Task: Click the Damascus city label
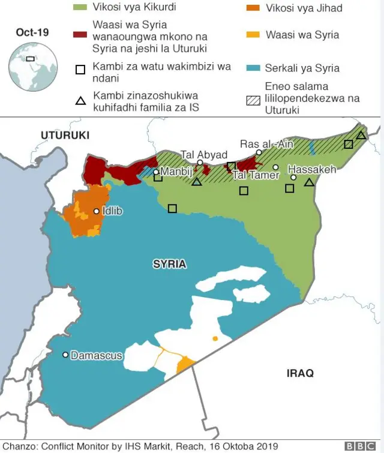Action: (x=97, y=356)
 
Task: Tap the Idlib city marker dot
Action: (x=96, y=211)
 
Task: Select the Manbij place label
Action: (x=175, y=172)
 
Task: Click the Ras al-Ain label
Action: (x=266, y=144)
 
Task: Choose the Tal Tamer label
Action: (x=256, y=175)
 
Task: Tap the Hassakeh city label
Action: (x=312, y=170)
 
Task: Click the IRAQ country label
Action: (x=300, y=373)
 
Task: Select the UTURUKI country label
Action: (x=65, y=136)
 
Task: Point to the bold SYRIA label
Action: (x=169, y=265)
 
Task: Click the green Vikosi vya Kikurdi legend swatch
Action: (x=80, y=8)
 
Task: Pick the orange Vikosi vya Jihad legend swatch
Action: (x=254, y=8)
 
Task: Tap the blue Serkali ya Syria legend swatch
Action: (x=254, y=68)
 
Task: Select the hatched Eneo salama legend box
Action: (x=254, y=100)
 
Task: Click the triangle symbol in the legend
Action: (x=80, y=100)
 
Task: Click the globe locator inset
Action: (x=31, y=66)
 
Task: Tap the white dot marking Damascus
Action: (x=65, y=355)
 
